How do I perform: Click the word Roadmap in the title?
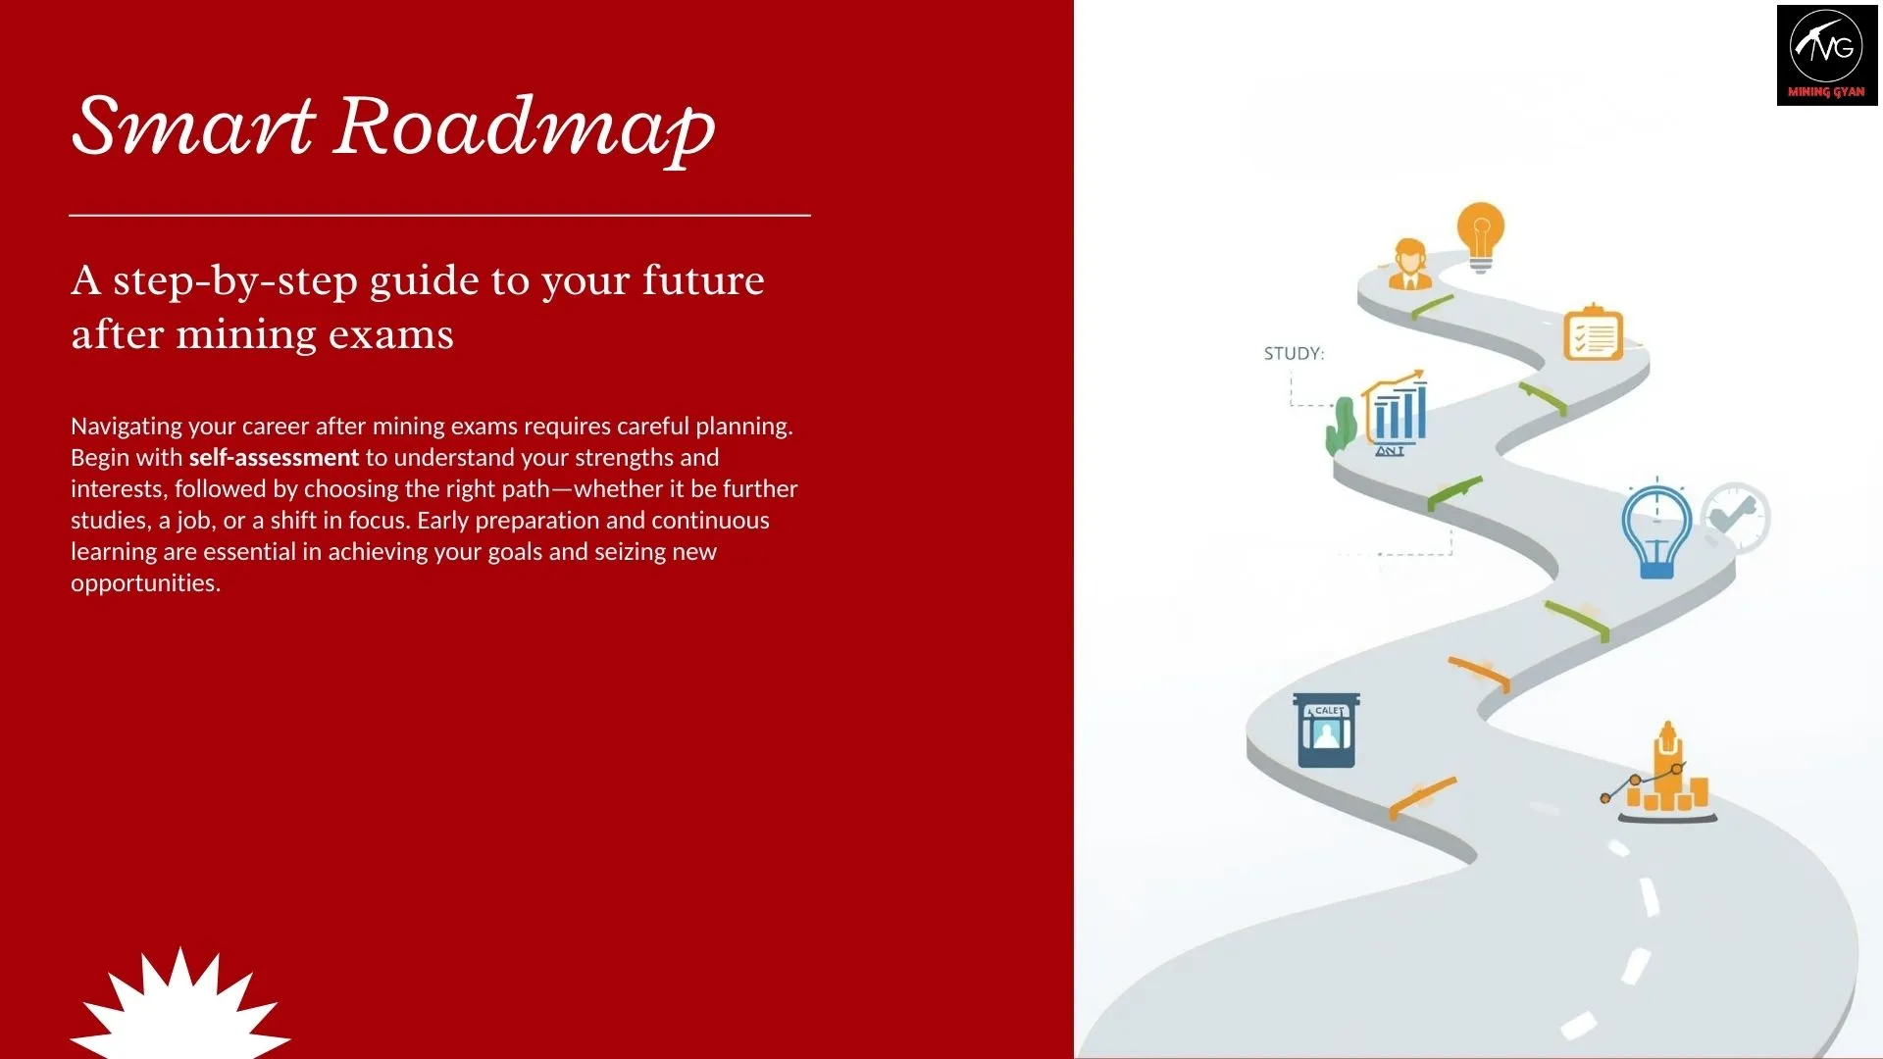525,127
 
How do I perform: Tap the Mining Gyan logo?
1826,55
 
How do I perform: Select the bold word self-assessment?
274,458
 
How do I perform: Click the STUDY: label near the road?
1293,353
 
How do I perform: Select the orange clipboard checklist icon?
1593,333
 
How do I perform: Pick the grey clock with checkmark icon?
1735,517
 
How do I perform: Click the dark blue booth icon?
1326,731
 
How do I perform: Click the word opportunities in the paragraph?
144,583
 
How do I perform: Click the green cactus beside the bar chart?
1341,427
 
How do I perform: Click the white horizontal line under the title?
439,215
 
